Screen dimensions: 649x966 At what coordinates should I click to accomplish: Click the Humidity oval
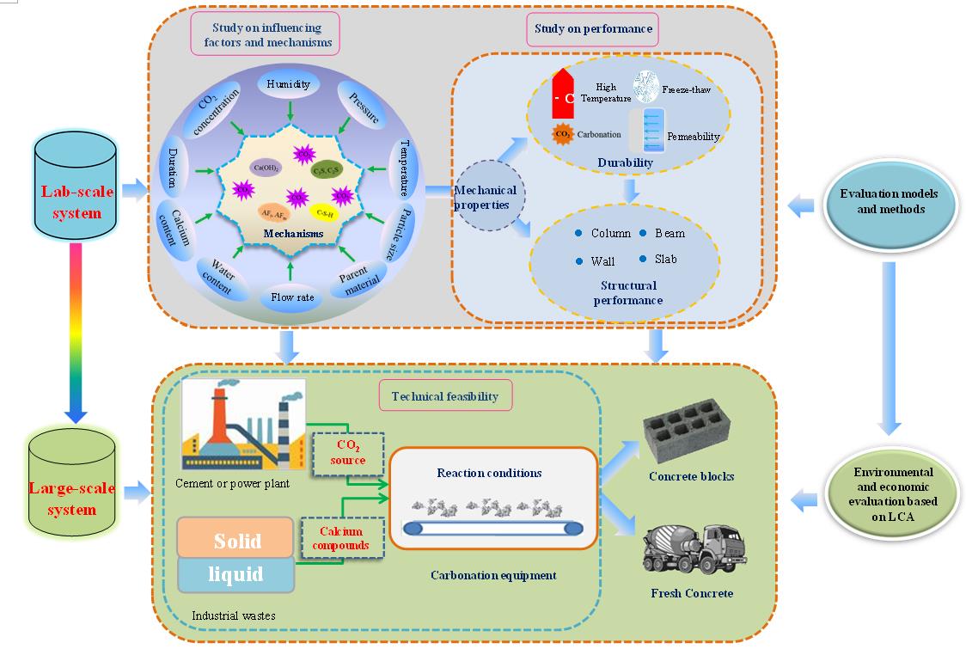coord(288,85)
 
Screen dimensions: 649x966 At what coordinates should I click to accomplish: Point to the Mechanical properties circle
coord(485,198)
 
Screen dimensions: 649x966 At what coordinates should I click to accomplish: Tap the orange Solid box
coord(236,540)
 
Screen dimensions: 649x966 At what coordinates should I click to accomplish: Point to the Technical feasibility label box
coord(445,396)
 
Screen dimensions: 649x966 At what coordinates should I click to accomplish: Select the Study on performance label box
coord(593,29)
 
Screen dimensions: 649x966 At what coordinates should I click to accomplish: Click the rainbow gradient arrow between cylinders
coord(76,331)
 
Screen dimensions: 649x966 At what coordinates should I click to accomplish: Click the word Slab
coord(665,259)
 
